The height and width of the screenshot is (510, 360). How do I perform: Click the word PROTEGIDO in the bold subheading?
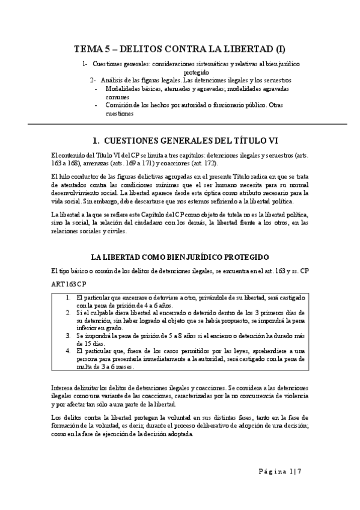[243, 256]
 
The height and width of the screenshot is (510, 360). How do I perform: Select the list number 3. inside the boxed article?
[68, 336]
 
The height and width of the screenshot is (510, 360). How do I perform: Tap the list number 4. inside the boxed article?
[68, 351]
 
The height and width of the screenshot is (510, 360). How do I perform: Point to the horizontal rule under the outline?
[180, 124]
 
